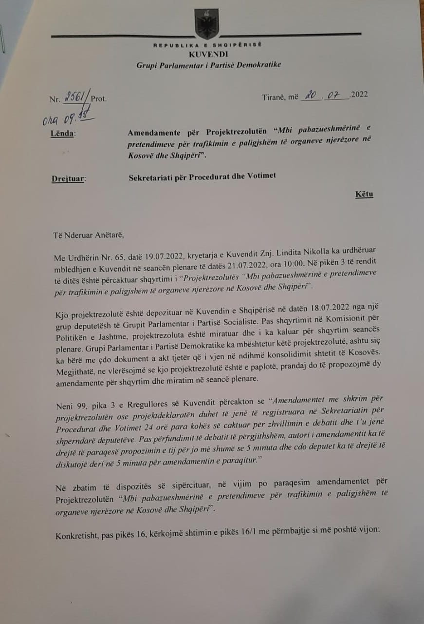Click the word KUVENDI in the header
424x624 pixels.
point(208,55)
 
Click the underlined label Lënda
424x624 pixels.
point(63,133)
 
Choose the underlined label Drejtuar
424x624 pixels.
point(68,178)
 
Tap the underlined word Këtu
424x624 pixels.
point(364,195)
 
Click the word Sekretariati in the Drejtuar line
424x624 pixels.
point(147,175)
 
